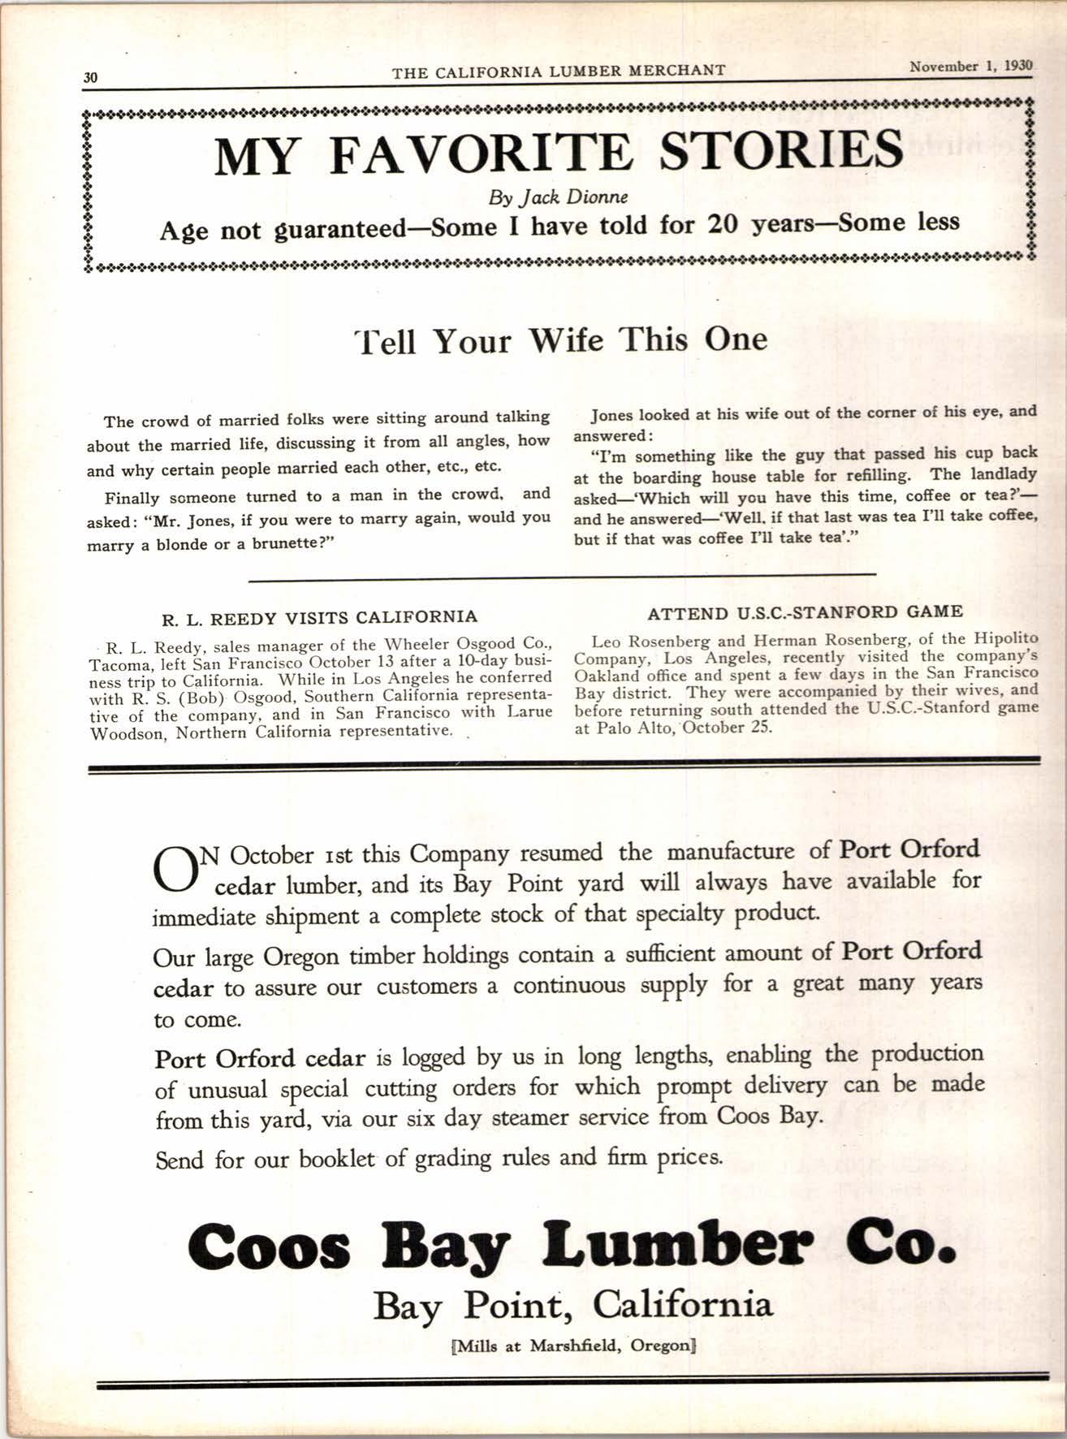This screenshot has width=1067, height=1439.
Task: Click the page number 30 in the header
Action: click(x=90, y=78)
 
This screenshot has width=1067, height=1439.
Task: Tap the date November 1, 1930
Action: click(x=970, y=67)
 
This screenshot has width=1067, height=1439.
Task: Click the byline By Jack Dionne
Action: click(x=558, y=197)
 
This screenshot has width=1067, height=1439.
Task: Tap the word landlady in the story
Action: click(x=1006, y=473)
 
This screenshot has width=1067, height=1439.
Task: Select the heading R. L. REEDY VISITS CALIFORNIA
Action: click(x=320, y=616)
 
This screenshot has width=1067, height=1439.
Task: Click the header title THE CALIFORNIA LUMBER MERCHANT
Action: click(x=559, y=71)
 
